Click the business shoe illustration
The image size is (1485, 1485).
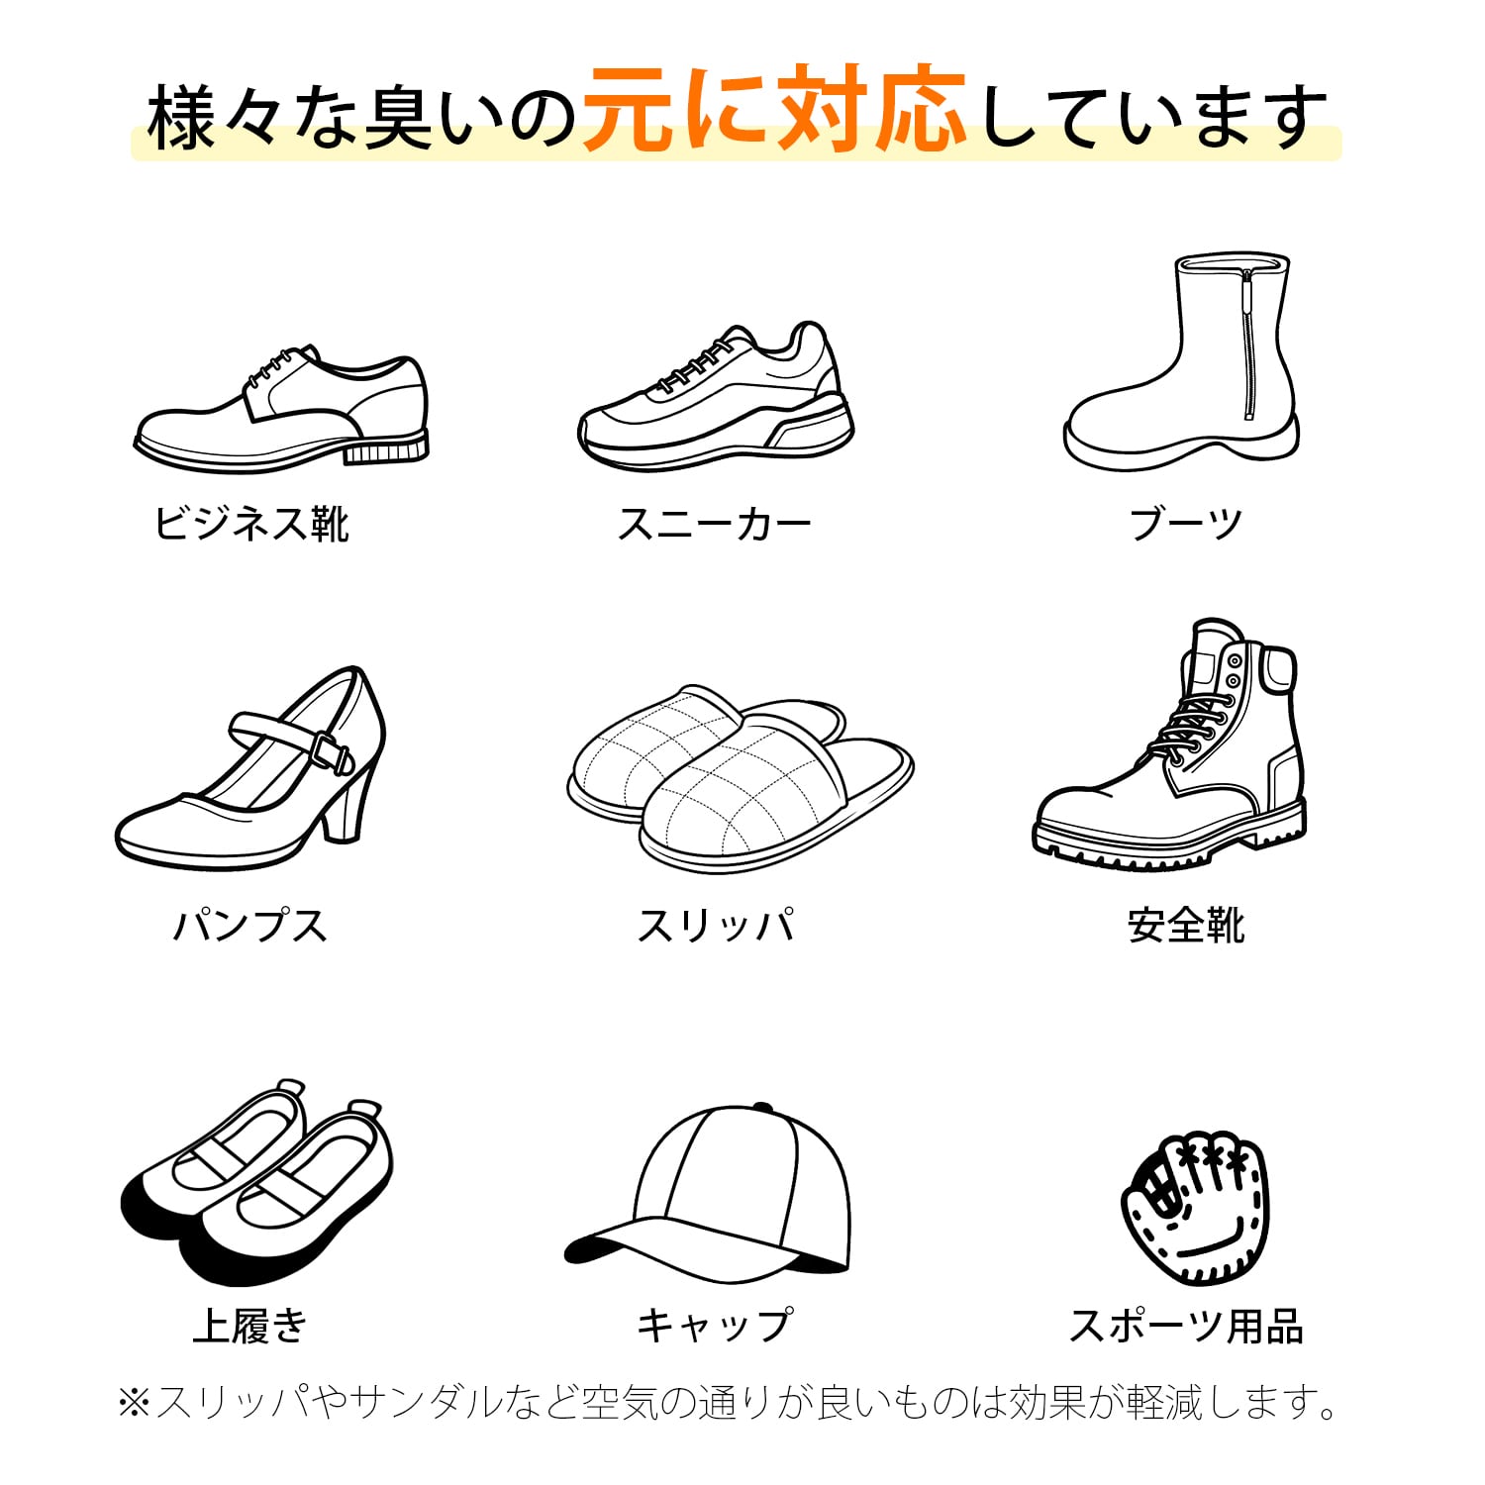tap(282, 411)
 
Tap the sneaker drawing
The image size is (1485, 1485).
tap(715, 401)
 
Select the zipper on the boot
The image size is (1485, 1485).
tap(1248, 342)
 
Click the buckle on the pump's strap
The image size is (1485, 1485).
tap(332, 752)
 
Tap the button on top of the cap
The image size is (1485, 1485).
tap(762, 1107)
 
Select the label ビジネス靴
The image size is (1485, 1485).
tap(251, 524)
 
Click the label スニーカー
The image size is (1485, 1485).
tap(714, 524)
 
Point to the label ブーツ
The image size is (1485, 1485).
tap(1186, 524)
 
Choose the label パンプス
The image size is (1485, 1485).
tap(250, 926)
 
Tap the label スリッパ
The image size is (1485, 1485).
tap(715, 926)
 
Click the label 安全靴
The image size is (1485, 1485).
tap(1186, 926)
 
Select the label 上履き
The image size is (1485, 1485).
tap(250, 1326)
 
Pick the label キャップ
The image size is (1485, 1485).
tap(715, 1326)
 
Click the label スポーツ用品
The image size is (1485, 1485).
tap(1186, 1326)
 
